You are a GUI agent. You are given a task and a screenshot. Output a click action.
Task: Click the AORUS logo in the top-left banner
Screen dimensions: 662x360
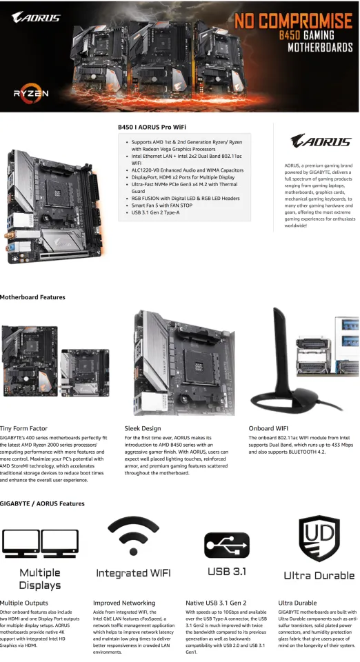[x=32, y=16]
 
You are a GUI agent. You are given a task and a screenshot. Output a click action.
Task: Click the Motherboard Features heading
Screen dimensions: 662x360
[x=32, y=297]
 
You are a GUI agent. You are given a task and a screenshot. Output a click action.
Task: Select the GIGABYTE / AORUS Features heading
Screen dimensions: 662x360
[x=42, y=503]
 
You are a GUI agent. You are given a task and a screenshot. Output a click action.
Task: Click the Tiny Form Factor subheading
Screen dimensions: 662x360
[x=24, y=428]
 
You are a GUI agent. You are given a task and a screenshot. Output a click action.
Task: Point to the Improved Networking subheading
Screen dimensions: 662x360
[x=124, y=603]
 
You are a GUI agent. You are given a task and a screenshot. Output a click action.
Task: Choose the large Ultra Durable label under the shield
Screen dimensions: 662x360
[x=319, y=575]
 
